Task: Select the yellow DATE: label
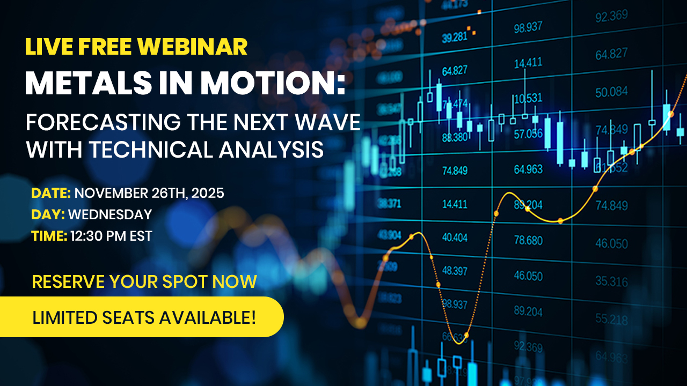click(x=51, y=193)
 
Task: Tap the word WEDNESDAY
click(x=110, y=214)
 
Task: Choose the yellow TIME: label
click(x=49, y=235)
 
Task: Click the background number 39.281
click(x=454, y=38)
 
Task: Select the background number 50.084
click(x=611, y=92)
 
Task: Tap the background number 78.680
click(x=528, y=240)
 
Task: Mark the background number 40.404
click(x=455, y=237)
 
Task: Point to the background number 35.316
click(x=611, y=281)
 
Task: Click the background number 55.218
click(x=611, y=320)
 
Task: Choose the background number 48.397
click(x=455, y=271)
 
